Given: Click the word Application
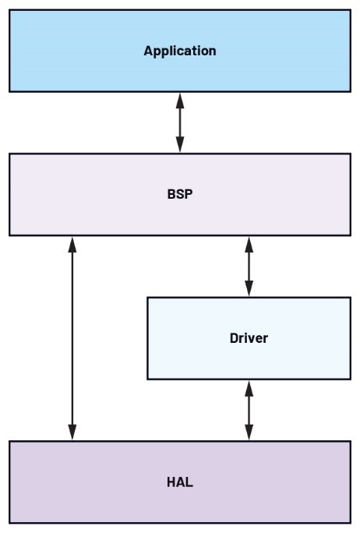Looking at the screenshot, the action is click(x=180, y=51).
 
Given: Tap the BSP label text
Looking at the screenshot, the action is click(x=180, y=194).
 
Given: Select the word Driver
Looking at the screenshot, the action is click(x=249, y=338).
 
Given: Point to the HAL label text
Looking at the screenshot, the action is click(x=180, y=482).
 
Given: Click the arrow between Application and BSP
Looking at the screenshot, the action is click(x=180, y=122).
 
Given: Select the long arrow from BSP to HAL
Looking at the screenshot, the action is click(x=72, y=338).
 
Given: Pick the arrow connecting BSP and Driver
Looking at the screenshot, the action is click(x=249, y=266).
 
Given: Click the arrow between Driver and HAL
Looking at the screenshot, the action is click(x=249, y=411).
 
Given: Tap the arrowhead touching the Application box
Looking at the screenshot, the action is click(x=180, y=101).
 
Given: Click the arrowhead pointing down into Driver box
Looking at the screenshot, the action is click(x=249, y=288).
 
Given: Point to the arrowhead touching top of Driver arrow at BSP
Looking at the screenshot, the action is click(x=249, y=245).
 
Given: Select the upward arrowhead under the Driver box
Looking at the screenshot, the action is click(x=249, y=388).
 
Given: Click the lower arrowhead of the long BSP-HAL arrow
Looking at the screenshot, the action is click(x=72, y=432).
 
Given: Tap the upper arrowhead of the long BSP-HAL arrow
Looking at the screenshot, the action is click(x=72, y=245).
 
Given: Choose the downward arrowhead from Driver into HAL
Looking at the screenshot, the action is click(x=249, y=432).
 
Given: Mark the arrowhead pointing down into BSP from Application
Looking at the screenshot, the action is click(x=180, y=145).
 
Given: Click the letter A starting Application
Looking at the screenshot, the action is click(x=149, y=51).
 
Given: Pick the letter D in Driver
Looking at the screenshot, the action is click(x=235, y=338).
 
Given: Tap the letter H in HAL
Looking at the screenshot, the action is click(x=171, y=482).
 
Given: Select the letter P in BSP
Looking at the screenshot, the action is click(x=189, y=194).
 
